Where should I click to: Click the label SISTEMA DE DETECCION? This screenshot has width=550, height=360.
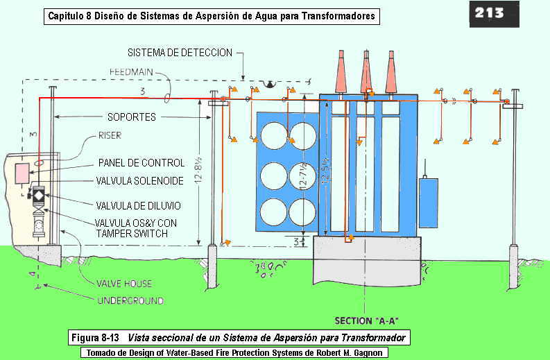pyautogui.click(x=179, y=53)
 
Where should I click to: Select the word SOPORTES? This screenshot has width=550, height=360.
pyautogui.click(x=131, y=117)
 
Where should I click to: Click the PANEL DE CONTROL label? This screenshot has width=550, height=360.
pyautogui.click(x=141, y=163)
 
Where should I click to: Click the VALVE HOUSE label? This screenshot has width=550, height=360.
pyautogui.click(x=125, y=283)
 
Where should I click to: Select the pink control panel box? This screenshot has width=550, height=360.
pyautogui.click(x=22, y=173)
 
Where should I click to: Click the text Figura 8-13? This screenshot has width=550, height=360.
pyautogui.click(x=98, y=338)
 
